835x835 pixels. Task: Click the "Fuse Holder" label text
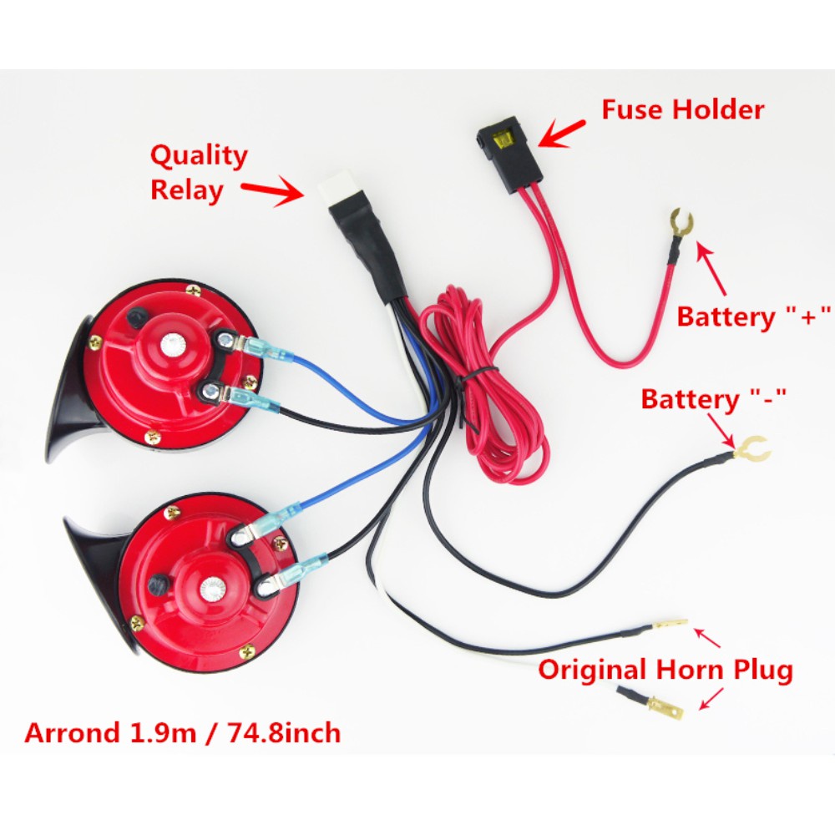tap(683, 109)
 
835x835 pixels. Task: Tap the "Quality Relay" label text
tap(198, 173)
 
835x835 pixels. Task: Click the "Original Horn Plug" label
tap(665, 669)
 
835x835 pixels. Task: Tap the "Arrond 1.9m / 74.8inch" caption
tap(183, 732)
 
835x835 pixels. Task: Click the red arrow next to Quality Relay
tap(272, 191)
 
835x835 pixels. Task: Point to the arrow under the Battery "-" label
tap(725, 429)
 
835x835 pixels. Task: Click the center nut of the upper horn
tap(174, 342)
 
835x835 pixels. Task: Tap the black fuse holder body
tap(515, 159)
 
